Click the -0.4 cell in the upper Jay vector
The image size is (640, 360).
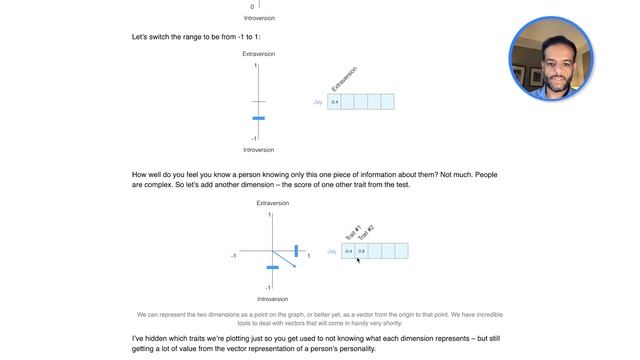click(334, 102)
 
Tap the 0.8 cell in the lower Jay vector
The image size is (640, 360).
click(362, 251)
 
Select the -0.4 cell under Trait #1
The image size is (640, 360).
click(348, 251)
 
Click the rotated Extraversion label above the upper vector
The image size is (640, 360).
click(344, 80)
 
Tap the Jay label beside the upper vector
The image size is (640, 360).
click(318, 102)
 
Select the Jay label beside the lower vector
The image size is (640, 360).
click(332, 251)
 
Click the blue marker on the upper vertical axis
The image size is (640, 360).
click(259, 118)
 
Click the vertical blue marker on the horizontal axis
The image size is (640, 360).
click(296, 250)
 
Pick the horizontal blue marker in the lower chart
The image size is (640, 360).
click(272, 267)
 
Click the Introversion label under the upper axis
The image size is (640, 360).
click(259, 150)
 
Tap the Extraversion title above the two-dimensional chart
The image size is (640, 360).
click(273, 203)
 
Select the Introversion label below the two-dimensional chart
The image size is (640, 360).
click(273, 298)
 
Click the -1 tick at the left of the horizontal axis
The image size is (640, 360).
click(234, 256)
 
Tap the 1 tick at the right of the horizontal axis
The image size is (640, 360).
click(308, 256)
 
